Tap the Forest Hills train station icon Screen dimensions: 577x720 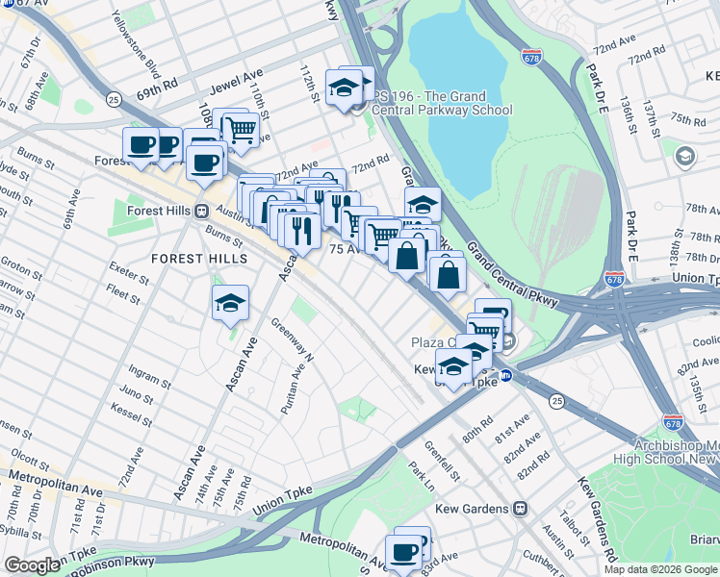pyautogui.click(x=201, y=212)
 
